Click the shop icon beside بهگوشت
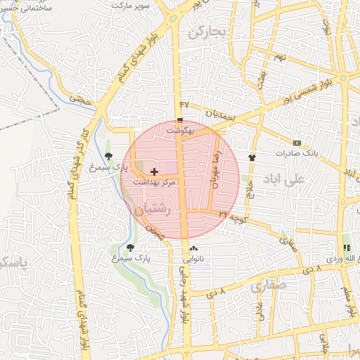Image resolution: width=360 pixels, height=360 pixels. tap(181, 120)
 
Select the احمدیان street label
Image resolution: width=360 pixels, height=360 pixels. tap(224, 115)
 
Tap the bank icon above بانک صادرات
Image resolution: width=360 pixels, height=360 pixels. tap(297, 142)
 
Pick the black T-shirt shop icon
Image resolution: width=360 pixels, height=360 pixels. tap(252, 157)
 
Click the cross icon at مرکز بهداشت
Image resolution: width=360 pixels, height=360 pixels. tap(154, 171)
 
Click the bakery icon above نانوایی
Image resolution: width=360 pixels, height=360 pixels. tap(193, 248)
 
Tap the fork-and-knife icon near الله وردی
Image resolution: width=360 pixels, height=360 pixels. tap(346, 248)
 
